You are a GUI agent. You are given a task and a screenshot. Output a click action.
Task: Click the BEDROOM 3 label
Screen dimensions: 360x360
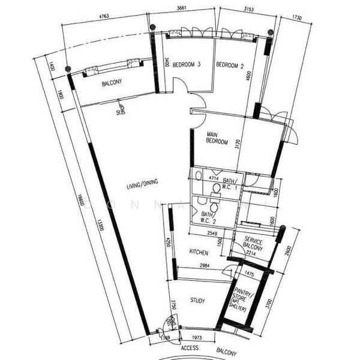[x=185, y=64]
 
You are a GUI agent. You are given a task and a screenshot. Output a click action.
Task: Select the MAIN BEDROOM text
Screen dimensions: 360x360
[x=217, y=138]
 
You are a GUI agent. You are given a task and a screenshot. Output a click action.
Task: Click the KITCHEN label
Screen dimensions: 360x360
[x=199, y=251]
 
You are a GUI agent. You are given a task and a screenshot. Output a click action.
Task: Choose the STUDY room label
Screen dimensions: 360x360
[x=198, y=300]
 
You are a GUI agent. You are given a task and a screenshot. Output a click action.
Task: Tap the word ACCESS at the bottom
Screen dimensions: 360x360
[x=190, y=347]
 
